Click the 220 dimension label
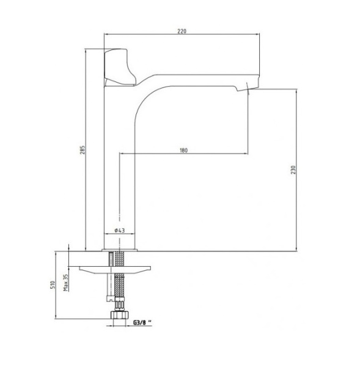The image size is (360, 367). point(182,31)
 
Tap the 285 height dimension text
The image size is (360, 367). point(83,150)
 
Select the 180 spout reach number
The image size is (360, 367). point(183,150)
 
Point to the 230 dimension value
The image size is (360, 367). point(293,169)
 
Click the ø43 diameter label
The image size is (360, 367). point(120,231)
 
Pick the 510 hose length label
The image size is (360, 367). point(53,284)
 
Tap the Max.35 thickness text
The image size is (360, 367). point(66,283)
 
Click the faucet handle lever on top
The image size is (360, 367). point(119,67)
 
